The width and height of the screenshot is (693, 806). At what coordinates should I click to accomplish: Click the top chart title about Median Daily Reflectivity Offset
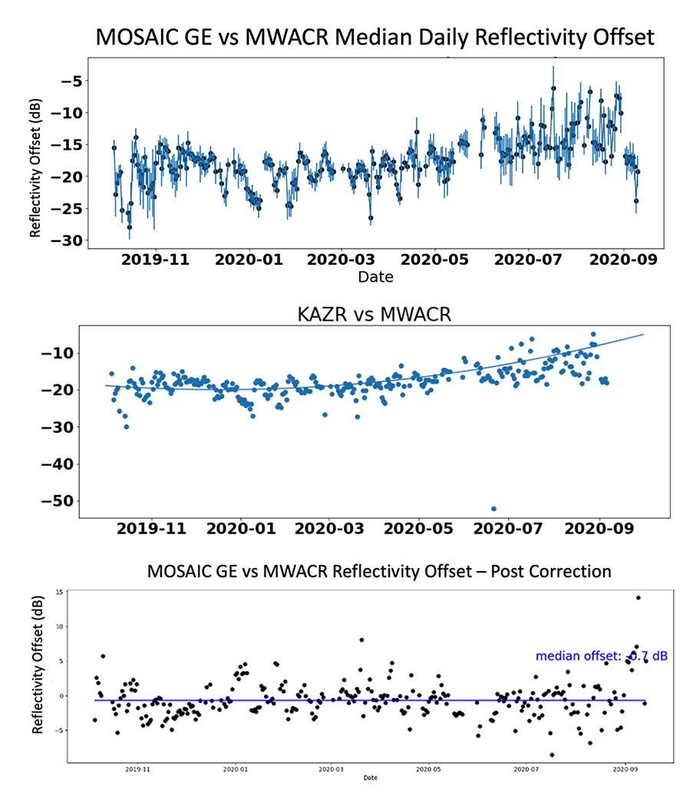pyautogui.click(x=375, y=36)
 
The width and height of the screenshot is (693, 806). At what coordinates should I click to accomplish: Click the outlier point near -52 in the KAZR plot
pyautogui.click(x=493, y=508)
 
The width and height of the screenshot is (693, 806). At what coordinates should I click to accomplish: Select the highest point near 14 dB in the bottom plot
pyautogui.click(x=638, y=598)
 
